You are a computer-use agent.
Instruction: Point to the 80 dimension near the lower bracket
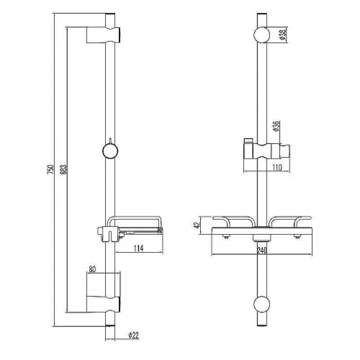click(x=92, y=271)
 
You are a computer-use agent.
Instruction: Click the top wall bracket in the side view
click(x=100, y=35)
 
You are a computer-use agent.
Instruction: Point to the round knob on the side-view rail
click(x=109, y=152)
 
